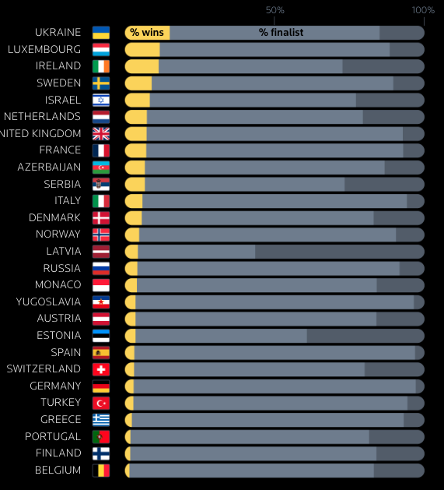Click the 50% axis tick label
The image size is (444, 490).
point(274,10)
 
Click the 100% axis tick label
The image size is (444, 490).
point(423,10)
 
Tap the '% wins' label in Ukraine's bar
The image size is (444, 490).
point(146,33)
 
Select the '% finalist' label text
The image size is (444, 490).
point(281,33)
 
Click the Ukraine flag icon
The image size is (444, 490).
point(101,33)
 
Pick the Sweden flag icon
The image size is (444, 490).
point(101,83)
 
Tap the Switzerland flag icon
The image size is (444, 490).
point(101,369)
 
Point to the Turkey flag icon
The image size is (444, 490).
point(101,403)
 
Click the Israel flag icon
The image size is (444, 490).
point(101,100)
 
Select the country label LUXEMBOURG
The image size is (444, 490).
point(44,49)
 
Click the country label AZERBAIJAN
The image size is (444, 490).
point(49,167)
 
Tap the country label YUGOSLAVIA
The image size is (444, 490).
point(48,301)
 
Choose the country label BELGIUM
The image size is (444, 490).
point(58,470)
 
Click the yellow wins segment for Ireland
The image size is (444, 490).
point(142,66)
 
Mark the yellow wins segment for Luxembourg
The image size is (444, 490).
point(142,49)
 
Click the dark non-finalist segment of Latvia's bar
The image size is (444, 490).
point(339,252)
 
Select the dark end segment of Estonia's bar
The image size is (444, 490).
point(365,336)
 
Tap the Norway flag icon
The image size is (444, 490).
point(101,234)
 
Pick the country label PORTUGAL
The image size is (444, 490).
point(53,436)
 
